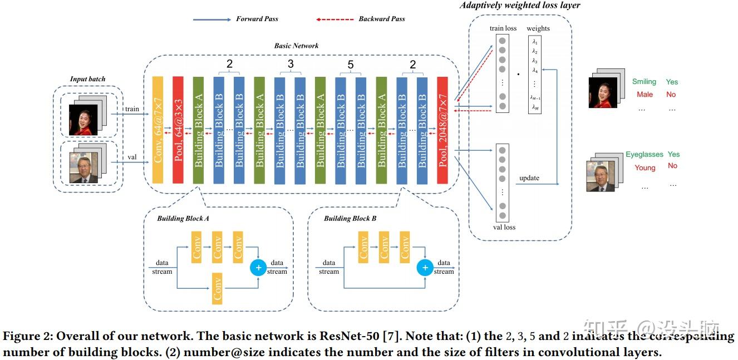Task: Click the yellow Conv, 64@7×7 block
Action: [x=158, y=131]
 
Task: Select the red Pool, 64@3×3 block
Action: [x=178, y=131]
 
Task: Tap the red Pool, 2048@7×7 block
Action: [x=442, y=131]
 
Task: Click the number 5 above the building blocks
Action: [x=351, y=65]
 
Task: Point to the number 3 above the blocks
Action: [x=290, y=65]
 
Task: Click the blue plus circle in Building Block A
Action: [x=258, y=268]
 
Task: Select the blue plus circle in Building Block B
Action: [x=425, y=268]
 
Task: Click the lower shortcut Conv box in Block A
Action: [x=217, y=288]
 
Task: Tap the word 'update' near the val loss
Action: [x=529, y=178]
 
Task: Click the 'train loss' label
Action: [x=503, y=28]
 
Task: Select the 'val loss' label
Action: [x=504, y=227]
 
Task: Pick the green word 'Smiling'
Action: [x=644, y=82]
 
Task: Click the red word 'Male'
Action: [x=644, y=95]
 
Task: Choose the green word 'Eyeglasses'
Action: [x=644, y=155]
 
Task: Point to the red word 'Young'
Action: [x=644, y=167]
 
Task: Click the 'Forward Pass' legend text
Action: [x=257, y=19]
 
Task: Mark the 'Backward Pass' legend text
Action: [x=381, y=19]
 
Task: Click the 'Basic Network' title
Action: [x=296, y=46]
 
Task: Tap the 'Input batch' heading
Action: [x=87, y=79]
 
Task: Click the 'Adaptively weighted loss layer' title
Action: [x=520, y=6]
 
